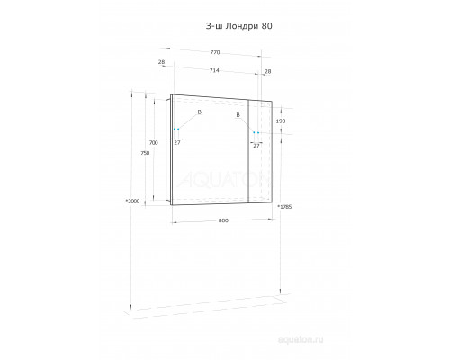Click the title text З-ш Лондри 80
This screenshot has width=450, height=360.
tap(239, 26)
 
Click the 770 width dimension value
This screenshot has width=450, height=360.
tap(215, 52)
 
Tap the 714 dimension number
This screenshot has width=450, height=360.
tap(214, 70)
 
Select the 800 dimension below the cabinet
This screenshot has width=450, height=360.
tap(223, 220)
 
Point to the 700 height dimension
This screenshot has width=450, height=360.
tap(154, 143)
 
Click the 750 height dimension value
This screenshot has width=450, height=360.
tap(145, 153)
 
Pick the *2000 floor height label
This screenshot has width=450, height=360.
tap(132, 201)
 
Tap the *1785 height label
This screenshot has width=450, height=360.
tap(284, 207)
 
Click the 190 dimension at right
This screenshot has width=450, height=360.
tap(281, 121)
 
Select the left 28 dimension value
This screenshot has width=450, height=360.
tap(161, 62)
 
